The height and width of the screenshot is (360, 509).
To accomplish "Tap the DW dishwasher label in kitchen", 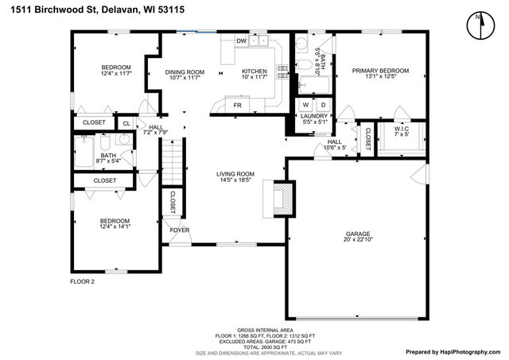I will (x=241, y=41).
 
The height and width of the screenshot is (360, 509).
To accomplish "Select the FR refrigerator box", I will (x=237, y=105).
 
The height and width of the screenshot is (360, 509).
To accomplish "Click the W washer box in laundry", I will (x=305, y=105).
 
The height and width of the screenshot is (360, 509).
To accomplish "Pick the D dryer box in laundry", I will (x=322, y=105).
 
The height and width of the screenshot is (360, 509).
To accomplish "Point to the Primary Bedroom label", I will (x=380, y=71).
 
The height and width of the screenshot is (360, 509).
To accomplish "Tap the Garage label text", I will (x=357, y=234).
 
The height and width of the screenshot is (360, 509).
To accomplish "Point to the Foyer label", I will (x=180, y=231).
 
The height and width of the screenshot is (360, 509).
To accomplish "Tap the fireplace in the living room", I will (x=283, y=198).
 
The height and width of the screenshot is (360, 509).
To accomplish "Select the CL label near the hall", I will (x=126, y=123).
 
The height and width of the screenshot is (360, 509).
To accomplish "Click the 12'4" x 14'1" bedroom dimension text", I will (x=115, y=227).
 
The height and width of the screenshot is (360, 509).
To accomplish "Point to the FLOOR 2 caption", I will (x=82, y=281).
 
